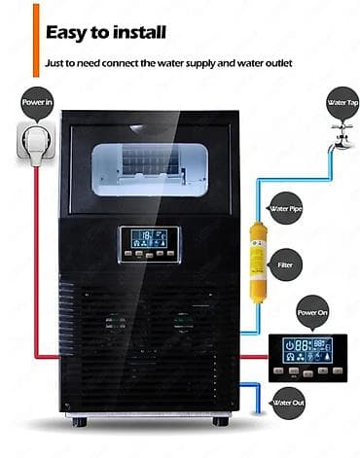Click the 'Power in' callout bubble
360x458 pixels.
tap(37, 103)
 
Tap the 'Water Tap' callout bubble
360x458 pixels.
tap(342, 103)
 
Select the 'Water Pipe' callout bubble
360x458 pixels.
tap(286, 208)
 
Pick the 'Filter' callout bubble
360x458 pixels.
tap(285, 264)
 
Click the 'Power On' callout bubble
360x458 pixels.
tap(312, 312)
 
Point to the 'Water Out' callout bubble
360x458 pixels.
tap(288, 403)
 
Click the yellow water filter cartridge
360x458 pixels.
tap(258, 262)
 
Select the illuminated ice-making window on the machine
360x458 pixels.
tap(150, 169)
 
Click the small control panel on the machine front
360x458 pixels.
tap(150, 244)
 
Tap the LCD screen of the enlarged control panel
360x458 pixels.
tap(307, 350)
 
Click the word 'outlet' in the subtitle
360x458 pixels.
tap(278, 63)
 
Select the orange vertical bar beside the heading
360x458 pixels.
tap(36, 41)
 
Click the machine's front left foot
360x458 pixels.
tap(80, 422)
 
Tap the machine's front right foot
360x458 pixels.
tap(221, 421)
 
